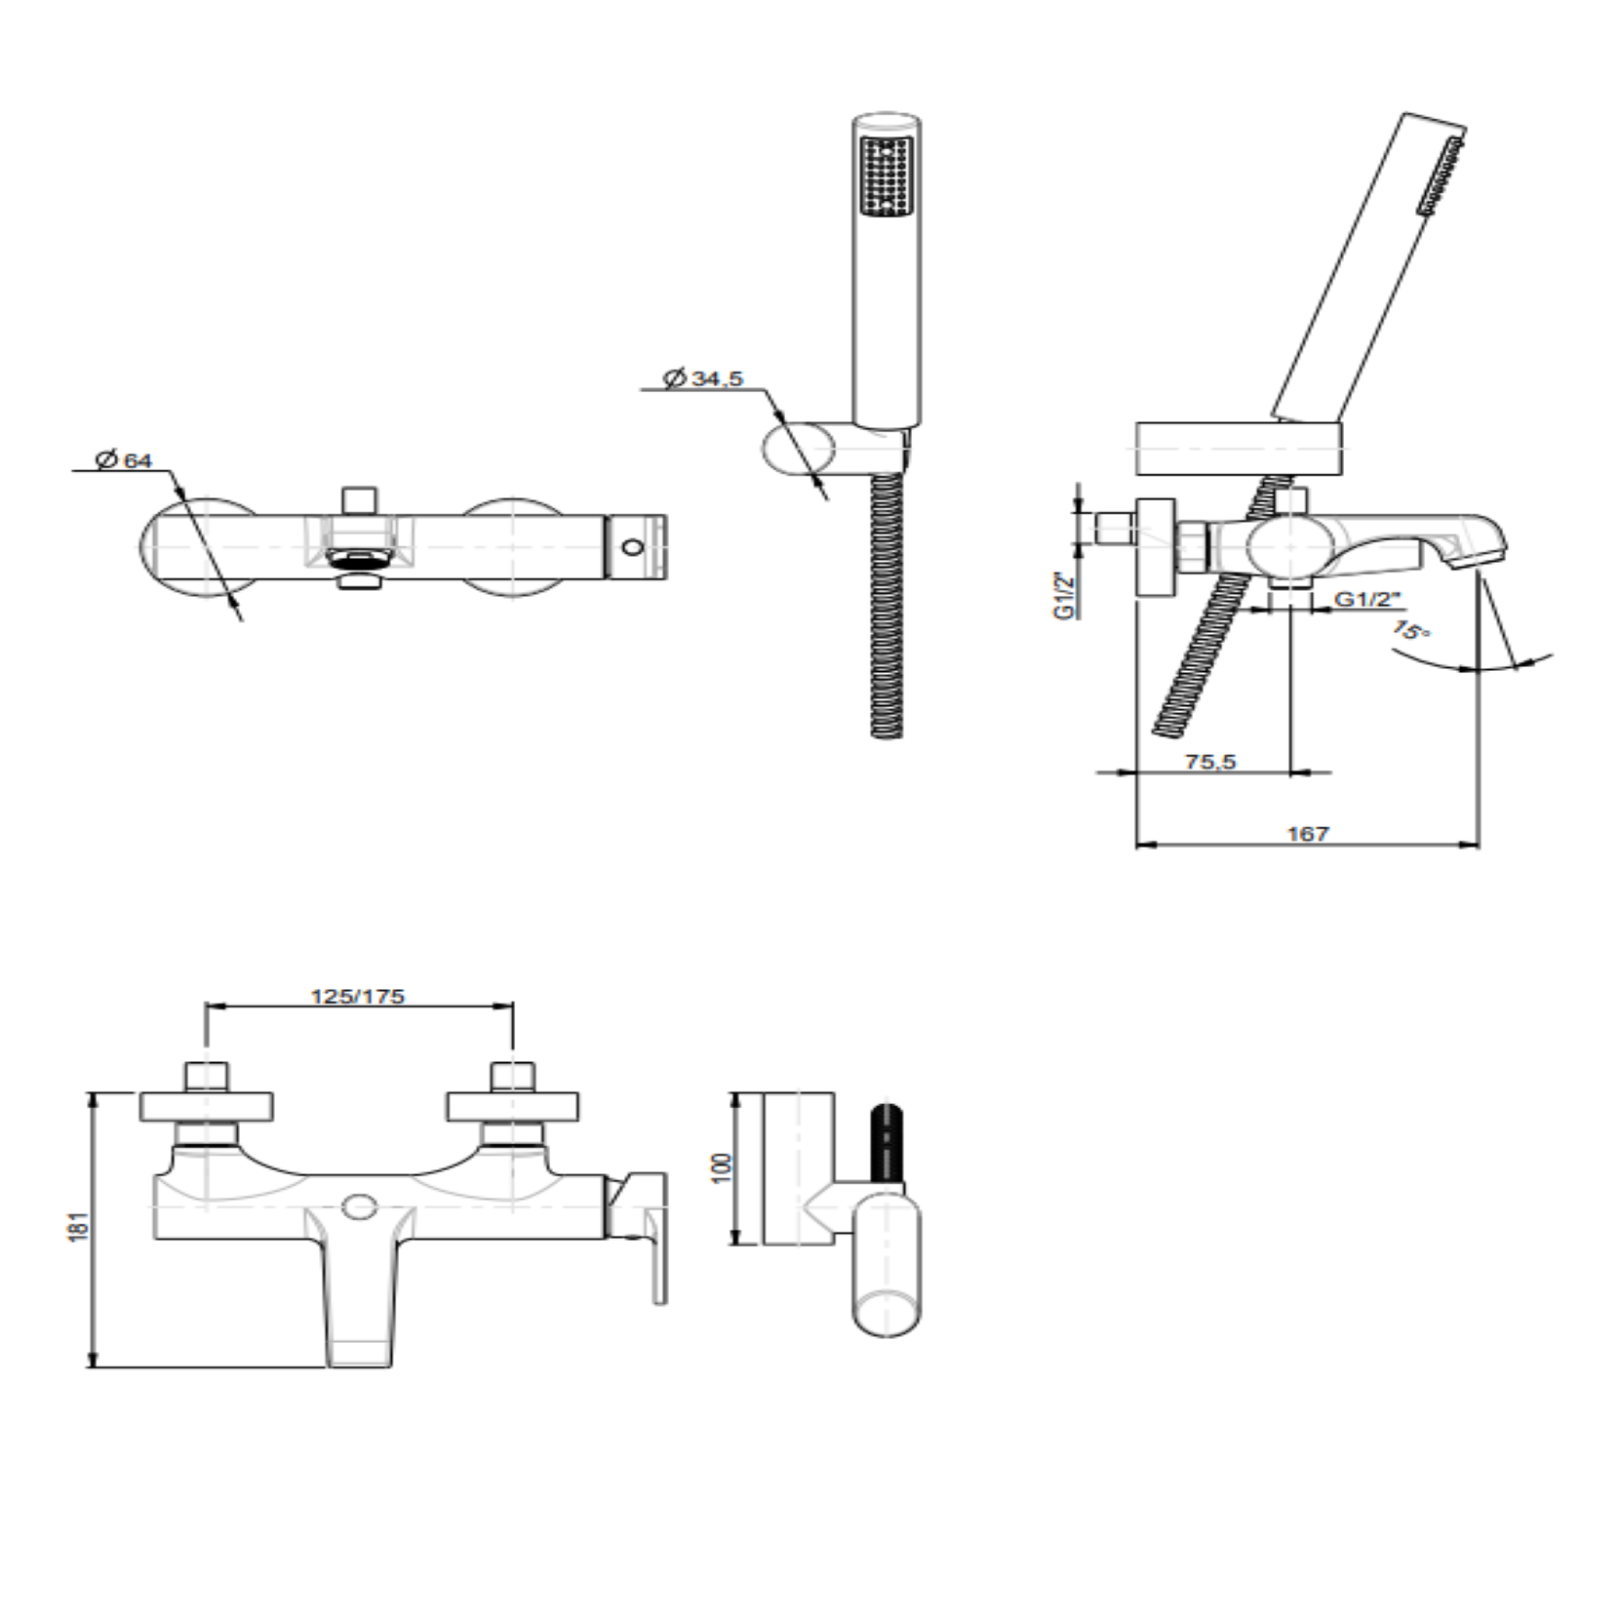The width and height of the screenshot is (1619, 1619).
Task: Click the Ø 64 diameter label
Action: [x=125, y=459]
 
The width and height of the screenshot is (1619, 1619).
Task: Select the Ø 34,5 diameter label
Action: [x=703, y=378]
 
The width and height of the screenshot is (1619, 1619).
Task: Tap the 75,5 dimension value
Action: [x=1210, y=762]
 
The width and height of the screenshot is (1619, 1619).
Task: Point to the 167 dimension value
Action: [x=1307, y=834]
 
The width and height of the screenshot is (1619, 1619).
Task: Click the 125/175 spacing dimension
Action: [x=357, y=996]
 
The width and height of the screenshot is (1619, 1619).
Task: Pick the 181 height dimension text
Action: [x=78, y=1226]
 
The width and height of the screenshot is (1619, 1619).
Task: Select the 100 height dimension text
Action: [x=722, y=1167]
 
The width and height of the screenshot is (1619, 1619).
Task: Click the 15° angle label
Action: [x=1411, y=630]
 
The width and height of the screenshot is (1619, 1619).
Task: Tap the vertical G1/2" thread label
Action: [x=1064, y=596]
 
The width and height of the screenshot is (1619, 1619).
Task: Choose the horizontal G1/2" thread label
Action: [x=1367, y=599]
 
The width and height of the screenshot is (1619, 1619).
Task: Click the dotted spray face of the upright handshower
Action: [x=886, y=176]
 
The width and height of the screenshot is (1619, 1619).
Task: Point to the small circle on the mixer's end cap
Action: [x=633, y=547]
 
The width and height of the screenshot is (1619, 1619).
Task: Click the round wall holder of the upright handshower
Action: [x=798, y=449]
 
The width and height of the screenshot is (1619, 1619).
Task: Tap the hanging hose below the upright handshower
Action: [x=887, y=605]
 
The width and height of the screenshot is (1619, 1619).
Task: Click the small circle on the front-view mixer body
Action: [x=360, y=1206]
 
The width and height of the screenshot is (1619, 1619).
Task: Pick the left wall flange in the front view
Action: [x=206, y=1106]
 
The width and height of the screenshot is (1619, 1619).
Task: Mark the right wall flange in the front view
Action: [x=513, y=1106]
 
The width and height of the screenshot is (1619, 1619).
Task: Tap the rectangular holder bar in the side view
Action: [x=1239, y=449]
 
